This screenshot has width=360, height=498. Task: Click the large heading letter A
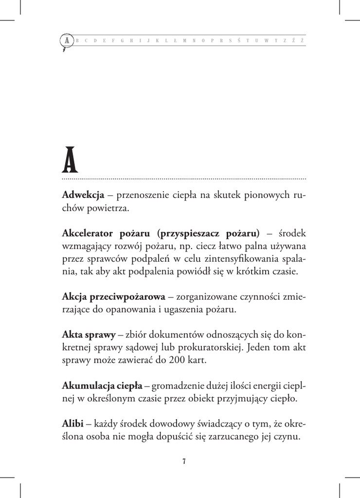pyautogui.click(x=70, y=161)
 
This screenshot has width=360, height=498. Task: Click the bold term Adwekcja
pyautogui.click(x=83, y=196)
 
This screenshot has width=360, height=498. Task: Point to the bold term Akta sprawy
pyautogui.click(x=89, y=335)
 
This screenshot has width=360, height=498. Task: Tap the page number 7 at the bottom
pyautogui.click(x=184, y=462)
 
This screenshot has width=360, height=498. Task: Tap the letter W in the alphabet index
pyautogui.click(x=266, y=40)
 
